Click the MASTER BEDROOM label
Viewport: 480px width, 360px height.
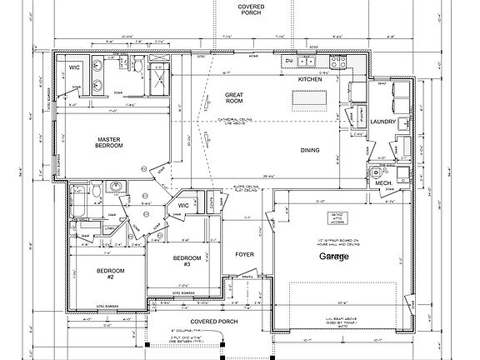[x=109, y=142]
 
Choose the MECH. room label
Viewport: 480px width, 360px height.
[x=383, y=182]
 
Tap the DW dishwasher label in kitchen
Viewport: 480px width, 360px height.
[x=288, y=61]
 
